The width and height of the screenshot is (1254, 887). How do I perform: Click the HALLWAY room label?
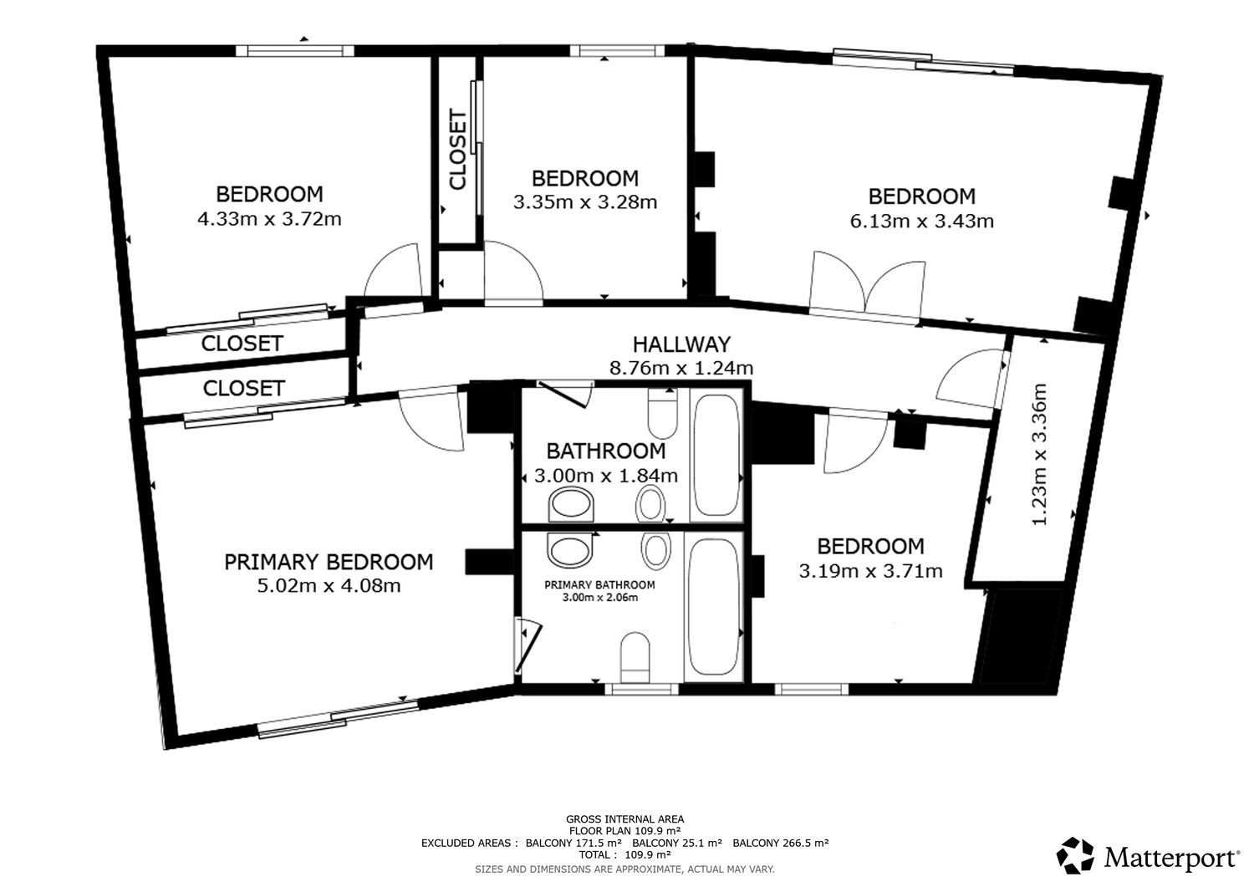[x=681, y=344]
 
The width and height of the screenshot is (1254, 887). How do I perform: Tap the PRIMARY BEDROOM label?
[x=329, y=562]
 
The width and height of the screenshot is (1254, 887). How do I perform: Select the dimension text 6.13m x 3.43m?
[x=921, y=221]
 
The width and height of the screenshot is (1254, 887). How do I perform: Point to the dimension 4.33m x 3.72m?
[x=269, y=218]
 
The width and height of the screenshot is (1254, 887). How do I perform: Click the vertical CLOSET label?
[x=458, y=150]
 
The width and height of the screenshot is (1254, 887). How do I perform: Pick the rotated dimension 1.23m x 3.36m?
[x=1039, y=454]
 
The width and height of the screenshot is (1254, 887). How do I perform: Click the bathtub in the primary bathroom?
[x=712, y=606]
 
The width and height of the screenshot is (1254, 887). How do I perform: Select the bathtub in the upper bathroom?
[x=716, y=456]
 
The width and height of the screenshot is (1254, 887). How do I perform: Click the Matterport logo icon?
[x=1075, y=855]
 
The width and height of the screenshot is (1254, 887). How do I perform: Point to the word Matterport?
[x=1172, y=857]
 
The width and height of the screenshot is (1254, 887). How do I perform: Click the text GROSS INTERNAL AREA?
[x=624, y=819]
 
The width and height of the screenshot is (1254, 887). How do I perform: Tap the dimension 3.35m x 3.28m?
[x=585, y=202]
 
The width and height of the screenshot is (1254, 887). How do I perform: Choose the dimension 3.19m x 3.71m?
[x=870, y=571]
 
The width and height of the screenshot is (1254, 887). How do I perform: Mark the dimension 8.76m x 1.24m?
[x=681, y=368]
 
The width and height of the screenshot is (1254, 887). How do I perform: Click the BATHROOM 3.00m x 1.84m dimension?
[x=606, y=476]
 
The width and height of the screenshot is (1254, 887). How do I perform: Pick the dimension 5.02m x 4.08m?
[x=329, y=586]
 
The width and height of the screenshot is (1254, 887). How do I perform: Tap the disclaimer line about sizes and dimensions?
[x=624, y=869]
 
